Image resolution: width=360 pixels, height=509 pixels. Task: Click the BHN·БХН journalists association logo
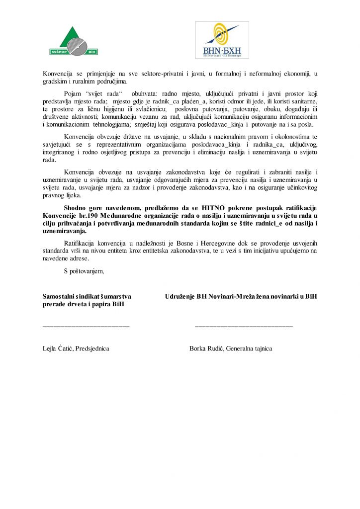click(221, 40)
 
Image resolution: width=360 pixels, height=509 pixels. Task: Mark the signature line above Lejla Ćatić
click(86, 326)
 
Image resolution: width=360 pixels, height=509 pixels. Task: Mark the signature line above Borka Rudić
click(244, 326)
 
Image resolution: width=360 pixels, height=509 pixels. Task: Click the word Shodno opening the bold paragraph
click(76, 207)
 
